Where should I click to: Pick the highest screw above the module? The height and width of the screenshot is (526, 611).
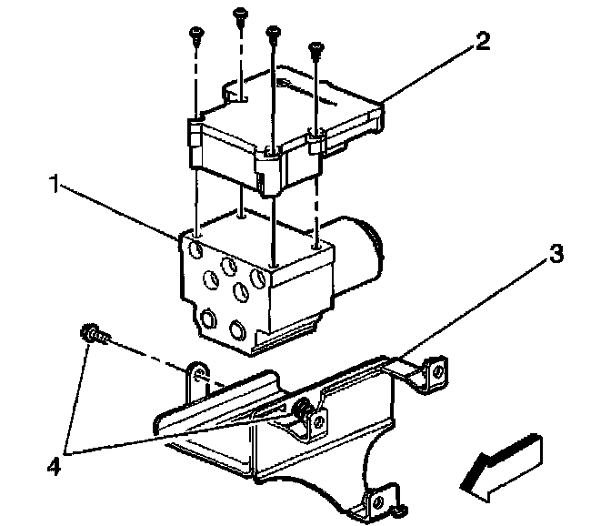[x=241, y=13]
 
